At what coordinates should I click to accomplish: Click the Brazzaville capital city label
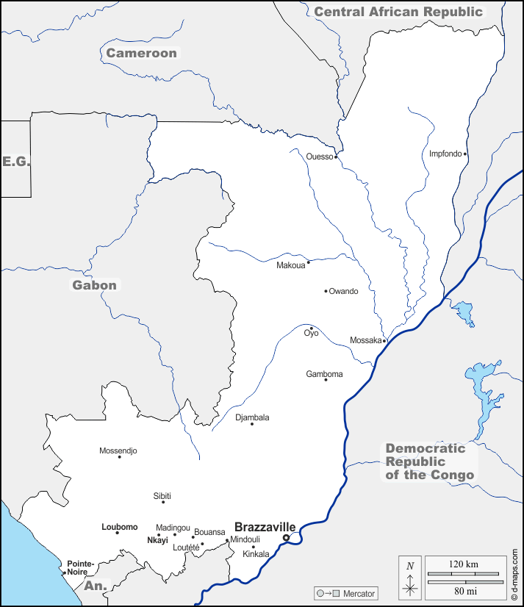(x=265, y=527)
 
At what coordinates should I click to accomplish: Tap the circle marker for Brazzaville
(x=287, y=538)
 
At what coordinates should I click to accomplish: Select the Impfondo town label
(x=445, y=154)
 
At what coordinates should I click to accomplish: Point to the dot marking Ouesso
(x=336, y=157)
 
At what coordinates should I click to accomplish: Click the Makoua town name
(x=290, y=265)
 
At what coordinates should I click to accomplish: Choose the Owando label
(x=343, y=291)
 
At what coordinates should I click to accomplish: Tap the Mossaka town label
(x=365, y=340)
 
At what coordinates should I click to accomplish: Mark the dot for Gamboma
(x=326, y=379)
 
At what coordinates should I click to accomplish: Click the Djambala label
(x=252, y=417)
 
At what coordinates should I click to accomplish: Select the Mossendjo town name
(x=118, y=450)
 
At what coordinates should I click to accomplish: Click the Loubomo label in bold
(x=119, y=527)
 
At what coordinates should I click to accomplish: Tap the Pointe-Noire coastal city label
(x=77, y=567)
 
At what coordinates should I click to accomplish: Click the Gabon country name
(x=94, y=285)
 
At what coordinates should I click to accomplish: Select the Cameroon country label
(x=141, y=53)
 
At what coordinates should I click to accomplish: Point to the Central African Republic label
(x=398, y=12)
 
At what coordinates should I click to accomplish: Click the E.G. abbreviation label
(x=15, y=161)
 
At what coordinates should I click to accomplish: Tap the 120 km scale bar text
(x=463, y=564)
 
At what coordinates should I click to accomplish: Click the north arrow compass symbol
(x=410, y=578)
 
